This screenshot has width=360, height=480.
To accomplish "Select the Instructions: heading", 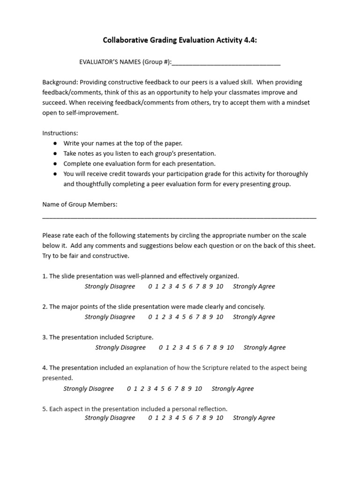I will click(60, 133).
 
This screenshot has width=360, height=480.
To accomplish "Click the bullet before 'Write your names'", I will click(55, 143).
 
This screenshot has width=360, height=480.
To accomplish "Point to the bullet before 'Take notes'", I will click(55, 154).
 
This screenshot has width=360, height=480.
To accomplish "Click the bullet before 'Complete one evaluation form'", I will click(55, 164).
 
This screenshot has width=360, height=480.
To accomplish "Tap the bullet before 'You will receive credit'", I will click(55, 174).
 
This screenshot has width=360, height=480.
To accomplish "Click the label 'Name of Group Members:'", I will click(80, 204).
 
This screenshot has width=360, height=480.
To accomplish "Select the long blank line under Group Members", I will click(179, 217).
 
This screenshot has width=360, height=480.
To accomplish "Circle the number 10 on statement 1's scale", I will click(219, 286).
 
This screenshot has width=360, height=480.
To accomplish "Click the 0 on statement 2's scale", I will click(150, 317).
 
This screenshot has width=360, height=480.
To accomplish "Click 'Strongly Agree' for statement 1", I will click(254, 286).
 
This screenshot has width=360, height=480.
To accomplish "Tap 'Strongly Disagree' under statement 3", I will click(120, 347).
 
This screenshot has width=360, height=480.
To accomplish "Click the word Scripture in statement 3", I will click(138, 337).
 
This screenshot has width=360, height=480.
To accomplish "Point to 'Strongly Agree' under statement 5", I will click(254, 418).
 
